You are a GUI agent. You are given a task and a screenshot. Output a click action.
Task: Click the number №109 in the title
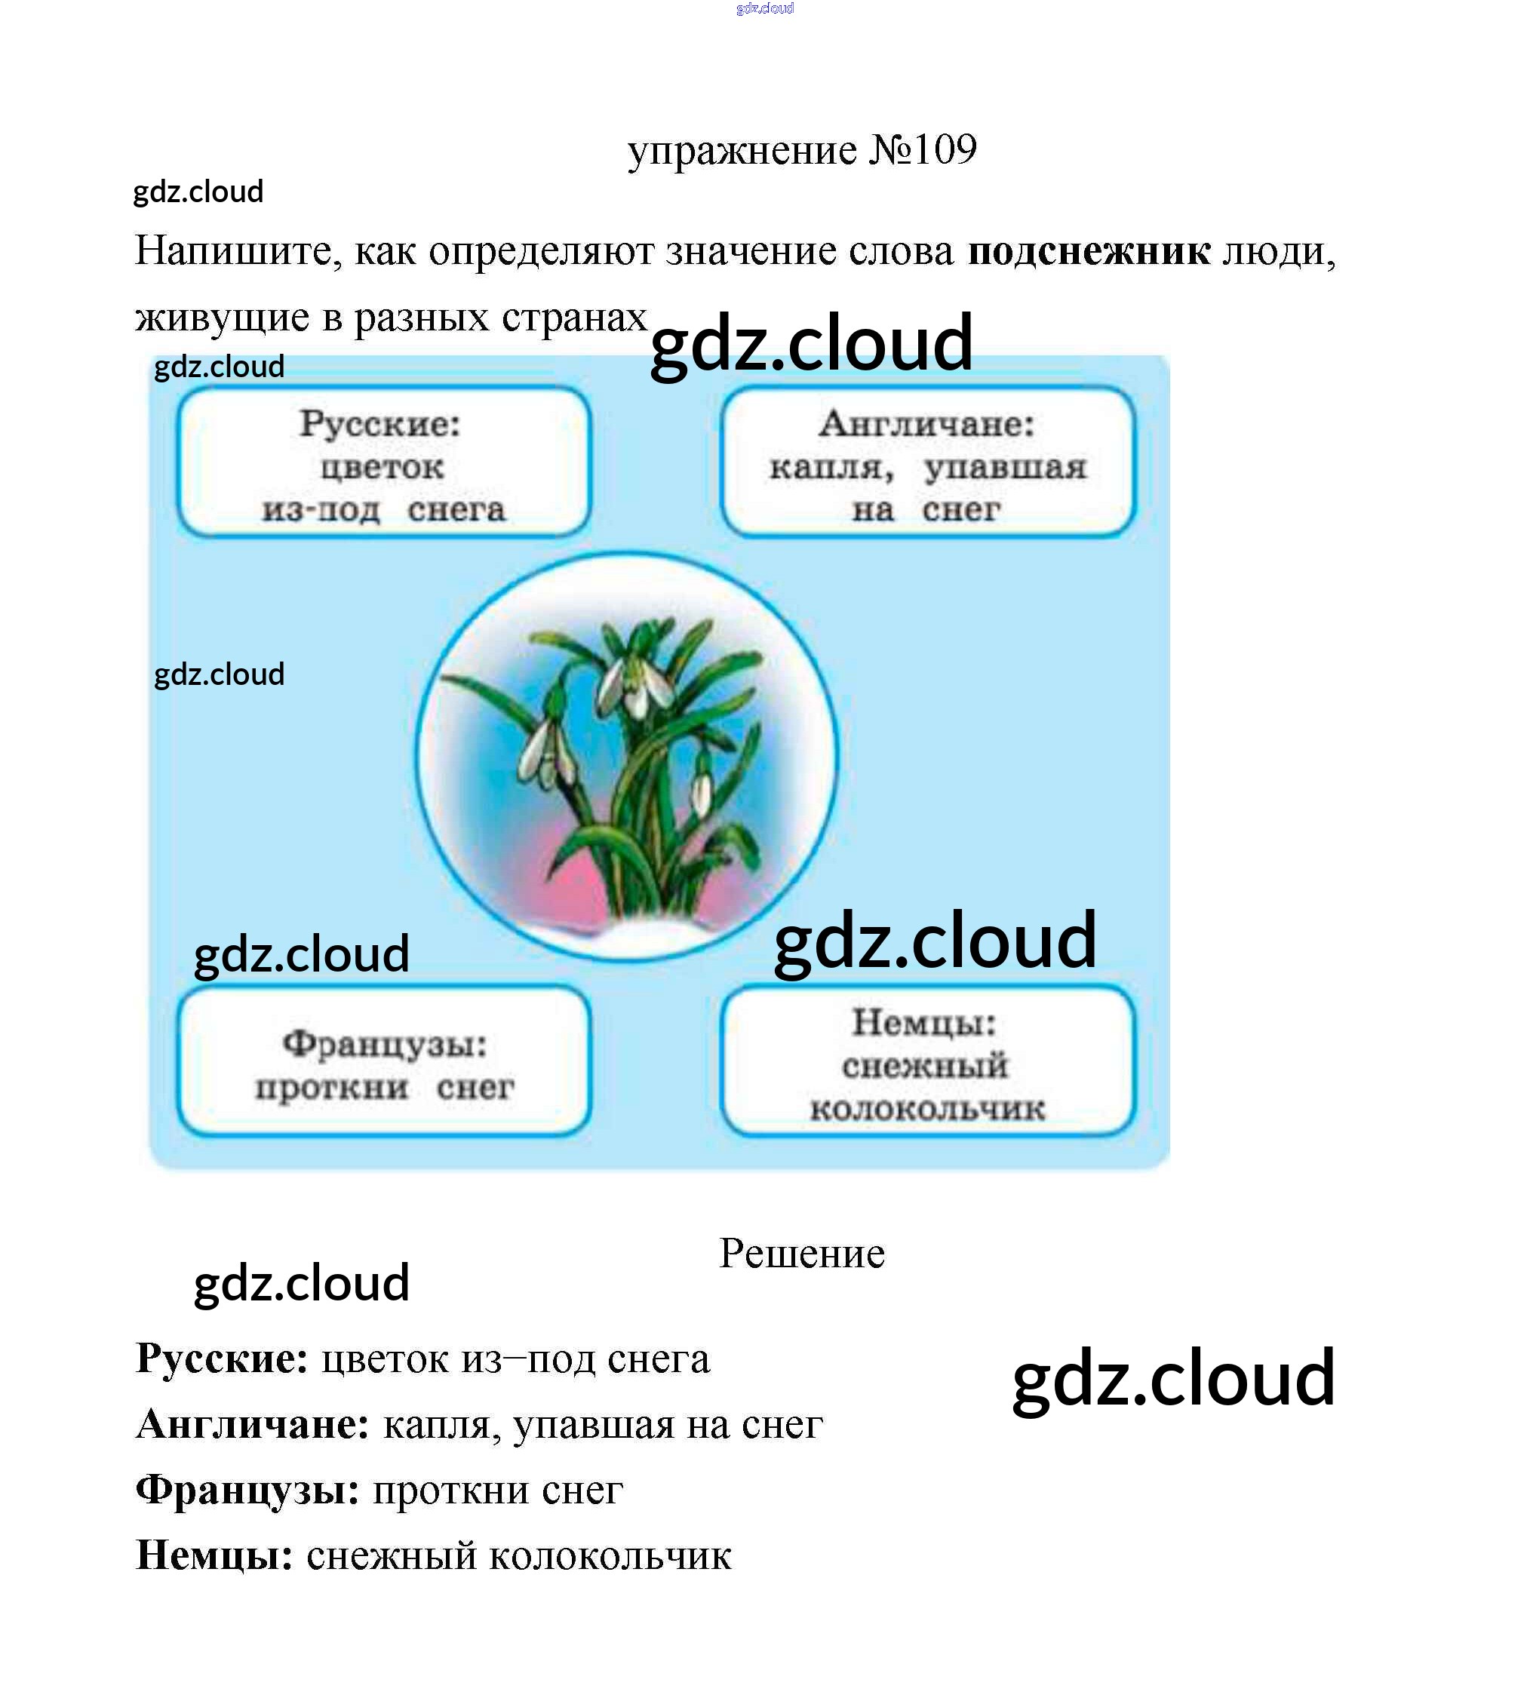[x=922, y=150]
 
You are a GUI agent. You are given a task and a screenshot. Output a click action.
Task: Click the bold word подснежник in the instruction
[x=1089, y=251]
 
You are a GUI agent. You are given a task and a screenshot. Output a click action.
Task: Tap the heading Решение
[x=802, y=1254]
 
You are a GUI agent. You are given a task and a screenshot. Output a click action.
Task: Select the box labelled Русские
[x=383, y=462]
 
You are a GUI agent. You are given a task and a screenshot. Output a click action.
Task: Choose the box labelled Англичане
[x=927, y=462]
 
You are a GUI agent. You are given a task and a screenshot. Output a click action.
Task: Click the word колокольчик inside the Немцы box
[x=927, y=1109]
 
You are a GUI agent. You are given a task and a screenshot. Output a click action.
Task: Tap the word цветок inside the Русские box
[x=382, y=468]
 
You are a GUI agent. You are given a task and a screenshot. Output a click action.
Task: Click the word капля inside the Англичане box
[x=831, y=468]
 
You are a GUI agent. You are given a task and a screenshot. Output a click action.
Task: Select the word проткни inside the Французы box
[x=332, y=1088]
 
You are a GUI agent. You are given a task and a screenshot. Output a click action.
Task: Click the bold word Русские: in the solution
[x=222, y=1359]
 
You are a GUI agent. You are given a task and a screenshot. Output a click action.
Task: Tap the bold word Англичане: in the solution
[x=252, y=1425]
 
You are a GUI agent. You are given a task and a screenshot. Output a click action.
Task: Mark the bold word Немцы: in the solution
[x=214, y=1556]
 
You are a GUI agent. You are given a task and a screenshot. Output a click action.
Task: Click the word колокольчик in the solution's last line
[x=610, y=1556]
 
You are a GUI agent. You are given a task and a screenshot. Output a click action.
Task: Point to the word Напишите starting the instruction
[x=238, y=251]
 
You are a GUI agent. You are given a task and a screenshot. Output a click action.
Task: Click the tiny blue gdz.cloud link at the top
[x=764, y=8]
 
